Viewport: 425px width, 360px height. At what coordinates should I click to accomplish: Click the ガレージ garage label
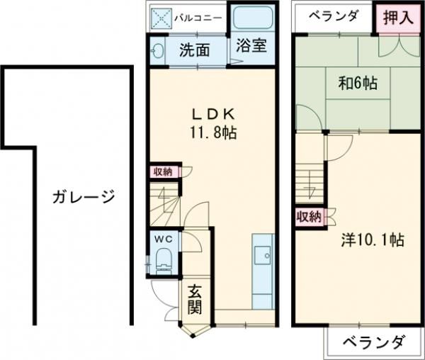[83, 197]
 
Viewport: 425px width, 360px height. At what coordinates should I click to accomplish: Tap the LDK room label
[207, 114]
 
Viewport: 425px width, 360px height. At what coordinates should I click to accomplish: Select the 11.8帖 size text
[212, 133]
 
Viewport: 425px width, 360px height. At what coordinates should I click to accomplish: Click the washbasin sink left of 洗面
[157, 52]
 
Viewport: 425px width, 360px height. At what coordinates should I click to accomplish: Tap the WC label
[164, 240]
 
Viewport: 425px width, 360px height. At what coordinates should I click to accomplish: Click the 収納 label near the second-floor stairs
[308, 216]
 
